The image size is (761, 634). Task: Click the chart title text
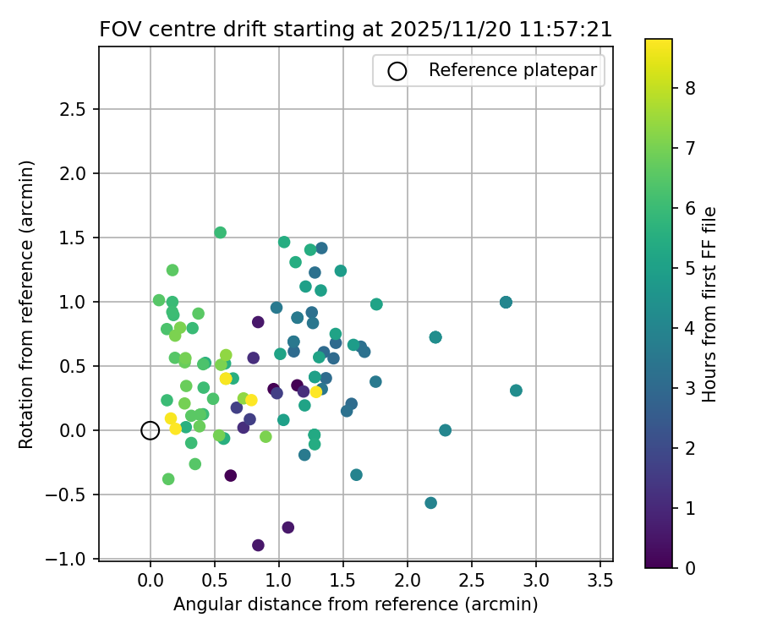[x=356, y=29]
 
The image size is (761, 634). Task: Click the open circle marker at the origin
[x=150, y=430]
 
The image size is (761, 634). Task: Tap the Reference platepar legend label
[x=513, y=70]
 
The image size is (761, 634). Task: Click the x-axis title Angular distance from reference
[x=356, y=604]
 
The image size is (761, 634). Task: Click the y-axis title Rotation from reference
[x=27, y=304]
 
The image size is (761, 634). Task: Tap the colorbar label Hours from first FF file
[x=710, y=304]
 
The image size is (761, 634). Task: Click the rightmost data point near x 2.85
[x=516, y=391]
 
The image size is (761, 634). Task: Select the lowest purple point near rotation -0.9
[x=258, y=545]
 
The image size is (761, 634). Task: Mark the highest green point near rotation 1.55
[x=220, y=232]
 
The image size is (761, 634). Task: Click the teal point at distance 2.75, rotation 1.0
[x=506, y=302]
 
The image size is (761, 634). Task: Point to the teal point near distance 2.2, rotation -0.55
[x=430, y=503]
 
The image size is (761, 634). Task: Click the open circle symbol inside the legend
[x=397, y=71]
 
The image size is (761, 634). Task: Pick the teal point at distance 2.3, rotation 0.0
[x=446, y=430]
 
